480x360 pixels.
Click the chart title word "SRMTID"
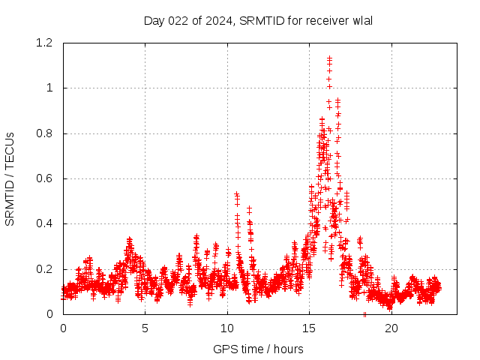(x=262, y=20)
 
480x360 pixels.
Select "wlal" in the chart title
(x=361, y=20)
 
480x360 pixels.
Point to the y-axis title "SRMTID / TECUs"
(x=10, y=178)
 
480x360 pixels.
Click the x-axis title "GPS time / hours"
(x=258, y=349)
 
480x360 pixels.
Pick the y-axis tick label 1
(x=49, y=88)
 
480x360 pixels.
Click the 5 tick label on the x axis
(x=145, y=328)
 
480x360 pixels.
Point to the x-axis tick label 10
(x=227, y=328)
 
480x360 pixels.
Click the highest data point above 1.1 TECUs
(x=329, y=58)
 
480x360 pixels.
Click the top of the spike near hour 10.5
(x=236, y=193)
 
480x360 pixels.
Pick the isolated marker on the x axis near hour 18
(x=364, y=313)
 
